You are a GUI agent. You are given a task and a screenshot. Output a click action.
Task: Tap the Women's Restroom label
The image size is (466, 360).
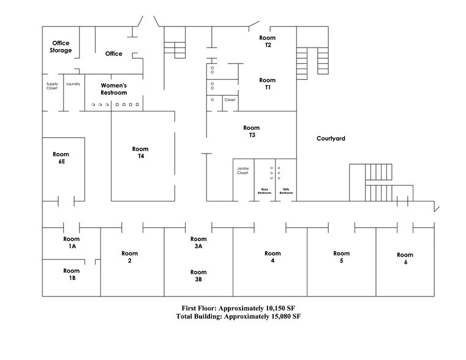click(x=113, y=89)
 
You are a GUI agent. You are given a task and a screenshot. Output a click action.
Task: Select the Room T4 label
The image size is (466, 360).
click(x=140, y=152)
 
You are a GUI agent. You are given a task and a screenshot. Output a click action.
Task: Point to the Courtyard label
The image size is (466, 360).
click(x=331, y=139)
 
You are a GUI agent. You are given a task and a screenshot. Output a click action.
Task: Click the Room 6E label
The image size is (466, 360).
click(x=61, y=158)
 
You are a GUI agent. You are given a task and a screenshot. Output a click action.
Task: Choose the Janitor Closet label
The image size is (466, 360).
click(x=242, y=171)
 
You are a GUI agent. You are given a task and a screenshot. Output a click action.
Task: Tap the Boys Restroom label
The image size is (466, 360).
click(x=265, y=191)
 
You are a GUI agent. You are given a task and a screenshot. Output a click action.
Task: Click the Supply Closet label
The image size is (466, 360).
click(x=51, y=86)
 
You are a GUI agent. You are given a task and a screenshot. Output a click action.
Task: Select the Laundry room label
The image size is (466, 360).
click(x=73, y=83)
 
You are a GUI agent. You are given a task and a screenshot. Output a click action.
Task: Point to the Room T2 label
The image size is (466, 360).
click(x=267, y=42)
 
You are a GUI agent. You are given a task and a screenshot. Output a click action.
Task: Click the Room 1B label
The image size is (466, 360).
click(x=72, y=274)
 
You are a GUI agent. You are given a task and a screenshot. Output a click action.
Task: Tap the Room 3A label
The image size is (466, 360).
click(x=198, y=242)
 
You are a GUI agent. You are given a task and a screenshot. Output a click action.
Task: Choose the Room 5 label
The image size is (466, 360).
click(x=341, y=257)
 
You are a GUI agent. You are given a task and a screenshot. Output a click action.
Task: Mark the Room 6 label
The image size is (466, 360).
click(x=405, y=258)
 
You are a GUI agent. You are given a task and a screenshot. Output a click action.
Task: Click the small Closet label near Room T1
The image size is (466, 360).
click(x=230, y=100)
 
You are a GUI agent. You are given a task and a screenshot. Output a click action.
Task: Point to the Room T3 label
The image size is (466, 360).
click(x=251, y=132)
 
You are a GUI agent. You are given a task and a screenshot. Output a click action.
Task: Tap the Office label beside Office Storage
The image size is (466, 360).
click(x=113, y=54)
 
